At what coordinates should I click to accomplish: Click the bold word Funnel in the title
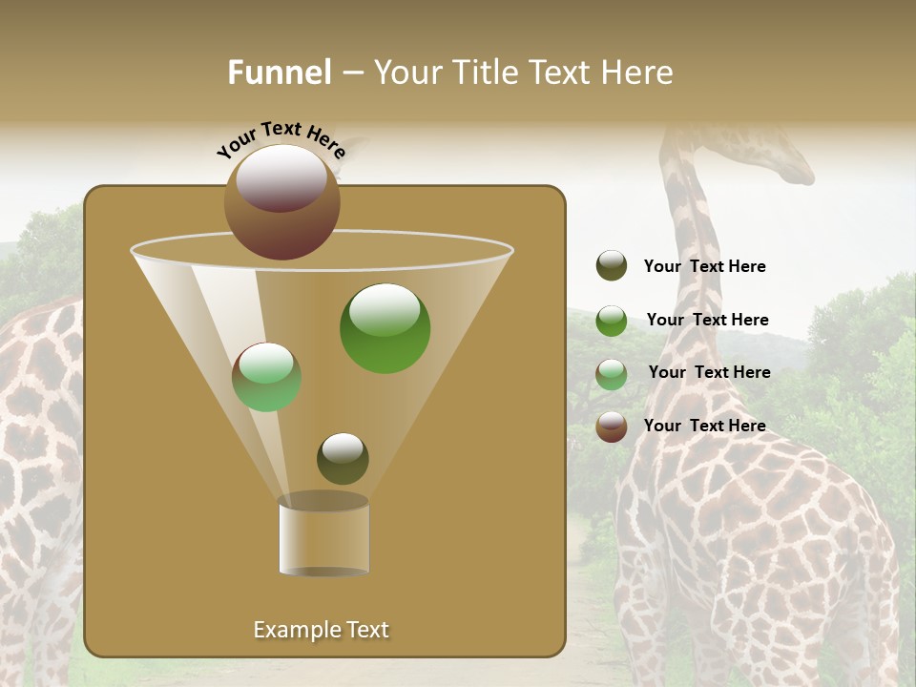(280, 73)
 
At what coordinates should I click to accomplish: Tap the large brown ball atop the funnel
(281, 201)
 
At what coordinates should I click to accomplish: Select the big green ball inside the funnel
(385, 328)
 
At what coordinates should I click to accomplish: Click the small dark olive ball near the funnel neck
(343, 459)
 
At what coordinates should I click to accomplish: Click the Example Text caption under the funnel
(321, 630)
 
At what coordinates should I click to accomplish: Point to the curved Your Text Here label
(281, 138)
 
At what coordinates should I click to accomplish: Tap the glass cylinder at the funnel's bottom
(323, 537)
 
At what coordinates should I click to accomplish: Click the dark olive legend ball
(612, 266)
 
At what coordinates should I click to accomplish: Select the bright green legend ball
(612, 321)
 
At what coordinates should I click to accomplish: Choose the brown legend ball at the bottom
(612, 427)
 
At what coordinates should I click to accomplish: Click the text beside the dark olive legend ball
(704, 266)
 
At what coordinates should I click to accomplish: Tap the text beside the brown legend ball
(704, 426)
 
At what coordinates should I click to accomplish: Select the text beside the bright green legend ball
(707, 320)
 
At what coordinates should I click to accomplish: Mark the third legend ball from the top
(612, 374)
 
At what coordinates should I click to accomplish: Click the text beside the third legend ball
(709, 372)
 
